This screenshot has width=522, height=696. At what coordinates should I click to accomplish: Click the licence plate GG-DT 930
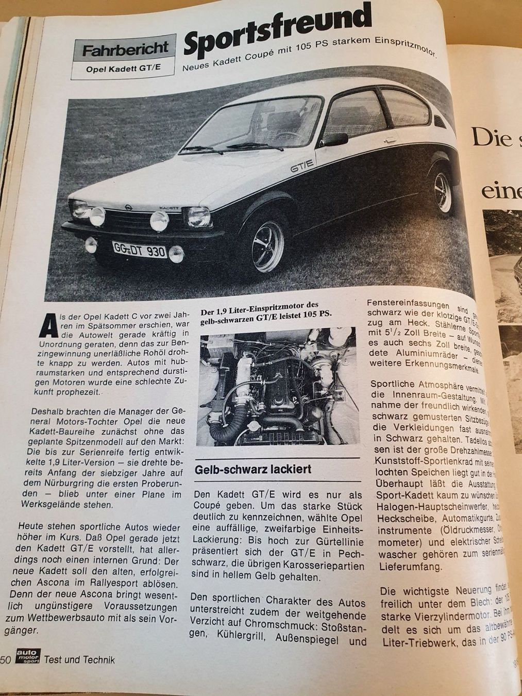[139, 251]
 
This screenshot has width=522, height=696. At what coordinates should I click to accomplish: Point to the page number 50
[6, 659]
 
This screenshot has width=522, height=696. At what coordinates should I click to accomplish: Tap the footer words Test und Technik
[79, 659]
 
